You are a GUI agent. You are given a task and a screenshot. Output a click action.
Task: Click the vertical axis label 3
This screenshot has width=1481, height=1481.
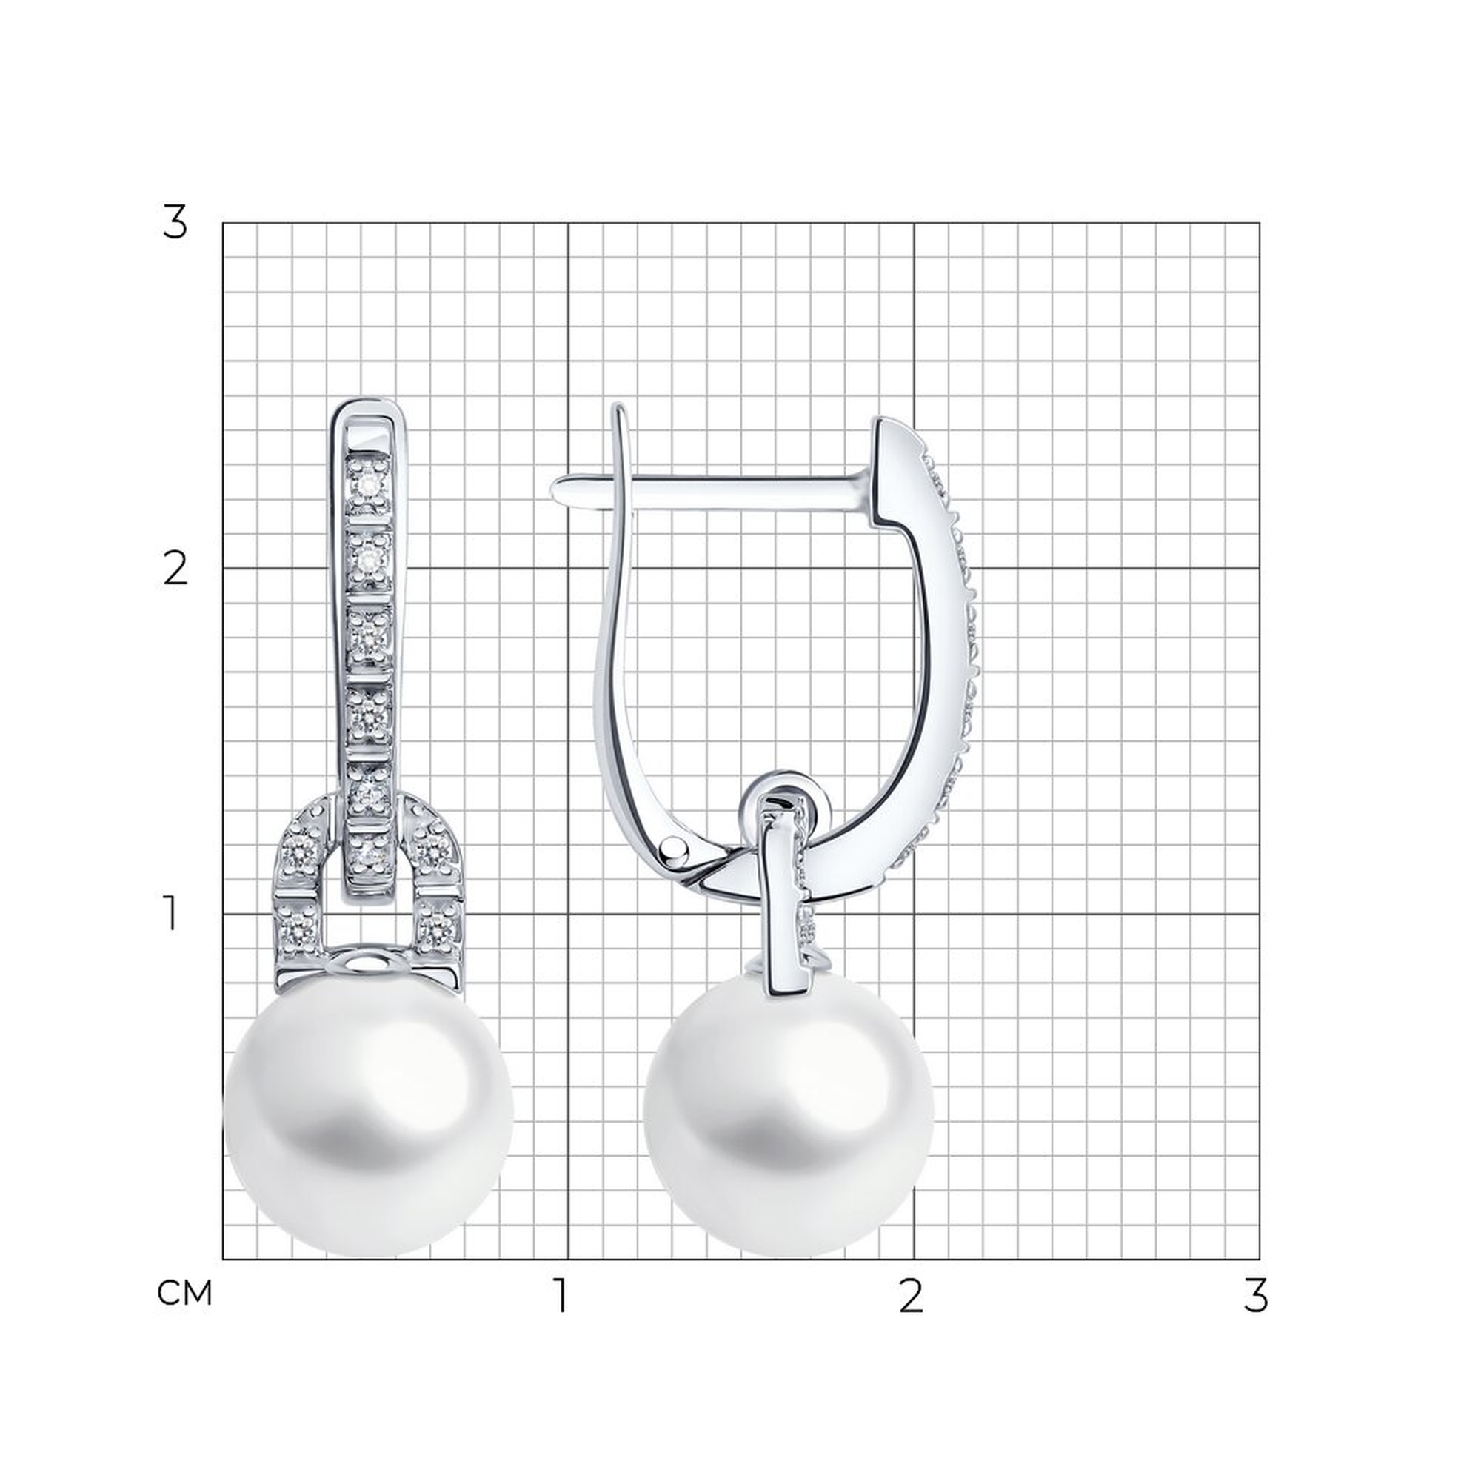(x=175, y=224)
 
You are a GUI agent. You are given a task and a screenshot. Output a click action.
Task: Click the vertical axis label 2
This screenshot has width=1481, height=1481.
(x=175, y=569)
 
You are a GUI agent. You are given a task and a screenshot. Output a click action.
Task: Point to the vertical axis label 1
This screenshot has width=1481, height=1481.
(x=171, y=915)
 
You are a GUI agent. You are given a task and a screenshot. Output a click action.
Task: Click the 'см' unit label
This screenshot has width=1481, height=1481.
(x=184, y=1294)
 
